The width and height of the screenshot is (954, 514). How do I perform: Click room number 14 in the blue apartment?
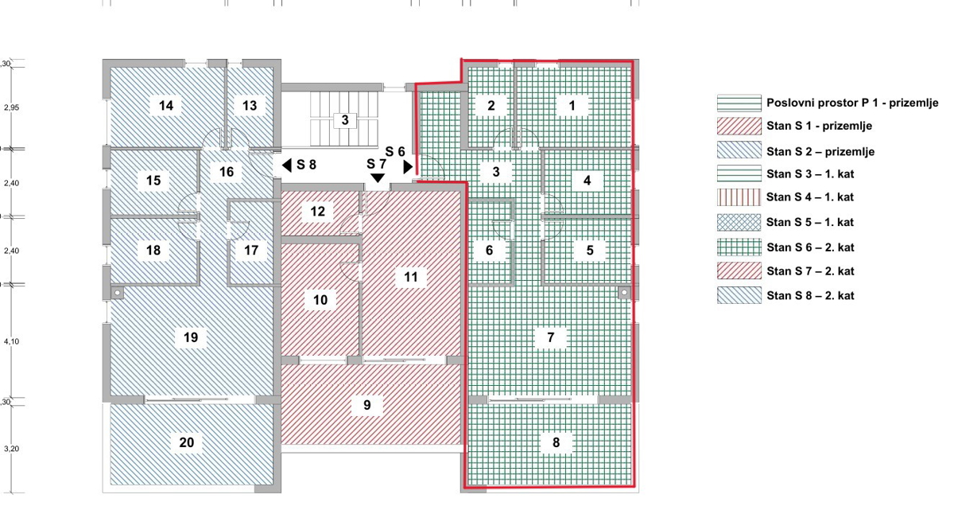click(166, 105)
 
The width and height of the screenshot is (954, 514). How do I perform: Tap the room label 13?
click(250, 105)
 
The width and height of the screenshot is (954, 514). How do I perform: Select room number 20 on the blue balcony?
click(187, 442)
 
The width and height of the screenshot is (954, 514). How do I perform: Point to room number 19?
click(190, 337)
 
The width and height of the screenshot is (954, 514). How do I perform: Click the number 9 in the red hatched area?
click(367, 405)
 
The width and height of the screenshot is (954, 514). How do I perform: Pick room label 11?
click(410, 277)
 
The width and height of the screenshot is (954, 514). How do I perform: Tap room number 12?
click(317, 212)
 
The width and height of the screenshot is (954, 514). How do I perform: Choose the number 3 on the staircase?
click(345, 120)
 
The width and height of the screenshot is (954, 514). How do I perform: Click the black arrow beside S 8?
click(287, 165)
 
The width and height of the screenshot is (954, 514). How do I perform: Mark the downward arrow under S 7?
click(378, 177)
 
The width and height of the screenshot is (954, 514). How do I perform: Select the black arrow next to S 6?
click(408, 166)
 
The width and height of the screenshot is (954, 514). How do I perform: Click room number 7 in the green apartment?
click(550, 337)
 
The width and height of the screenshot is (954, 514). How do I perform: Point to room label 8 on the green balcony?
click(556, 442)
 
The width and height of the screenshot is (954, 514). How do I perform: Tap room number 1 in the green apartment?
click(572, 105)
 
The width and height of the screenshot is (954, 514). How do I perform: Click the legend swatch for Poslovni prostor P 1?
click(739, 103)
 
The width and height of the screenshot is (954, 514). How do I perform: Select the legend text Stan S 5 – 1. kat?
click(810, 223)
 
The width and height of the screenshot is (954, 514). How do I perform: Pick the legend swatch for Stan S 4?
click(739, 197)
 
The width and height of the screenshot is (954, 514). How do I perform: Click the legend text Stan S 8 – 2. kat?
click(810, 296)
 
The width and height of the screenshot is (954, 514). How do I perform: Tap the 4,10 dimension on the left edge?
click(11, 341)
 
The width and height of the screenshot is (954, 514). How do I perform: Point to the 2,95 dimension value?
click(11, 108)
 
